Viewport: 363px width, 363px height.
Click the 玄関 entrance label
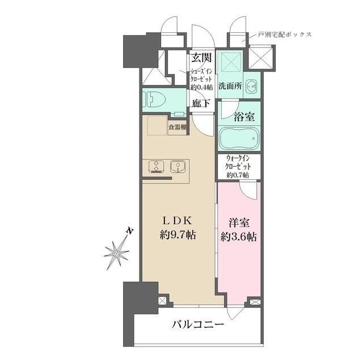[201, 57]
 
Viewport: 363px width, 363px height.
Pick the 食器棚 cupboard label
[178, 128]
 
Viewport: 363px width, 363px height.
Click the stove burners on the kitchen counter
[155, 167]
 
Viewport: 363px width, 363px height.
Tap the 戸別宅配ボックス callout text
[285, 35]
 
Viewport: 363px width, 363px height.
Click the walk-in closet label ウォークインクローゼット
[239, 167]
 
